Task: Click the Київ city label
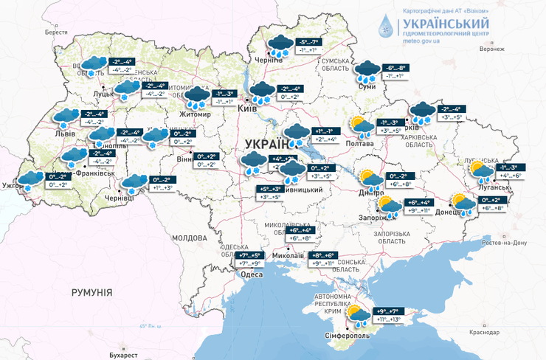pos(247,109)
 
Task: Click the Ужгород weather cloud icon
pos(31,180)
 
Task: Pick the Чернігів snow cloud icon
pos(279,45)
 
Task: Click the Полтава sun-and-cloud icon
pos(361,127)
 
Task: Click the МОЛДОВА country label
pos(188,238)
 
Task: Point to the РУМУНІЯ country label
pos(91,293)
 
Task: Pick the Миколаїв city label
pos(288,255)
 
